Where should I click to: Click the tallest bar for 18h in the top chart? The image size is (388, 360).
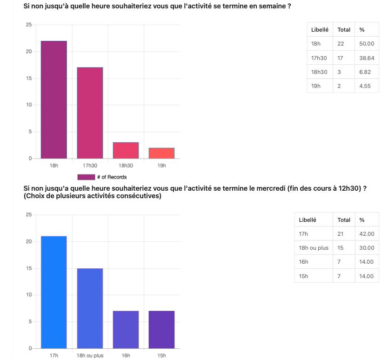pos(54,100)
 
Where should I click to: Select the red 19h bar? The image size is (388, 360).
pos(161,153)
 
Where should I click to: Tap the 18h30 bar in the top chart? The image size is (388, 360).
pos(126,150)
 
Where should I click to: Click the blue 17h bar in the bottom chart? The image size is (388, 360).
pos(54,292)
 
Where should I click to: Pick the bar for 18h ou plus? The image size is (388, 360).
pos(90,308)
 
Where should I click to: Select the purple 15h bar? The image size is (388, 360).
pos(161,329)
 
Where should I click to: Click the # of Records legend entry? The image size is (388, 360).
pos(102,177)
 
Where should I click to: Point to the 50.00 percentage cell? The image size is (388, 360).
pos(367,44)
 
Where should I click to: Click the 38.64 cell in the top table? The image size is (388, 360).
pos(367,58)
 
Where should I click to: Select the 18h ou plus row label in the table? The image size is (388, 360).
pos(314,248)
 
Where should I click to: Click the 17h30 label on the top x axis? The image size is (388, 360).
pos(90,165)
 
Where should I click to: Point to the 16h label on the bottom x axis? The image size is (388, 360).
pos(126,355)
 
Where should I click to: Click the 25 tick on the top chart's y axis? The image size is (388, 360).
pos(28,25)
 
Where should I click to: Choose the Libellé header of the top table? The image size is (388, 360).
pos(320,30)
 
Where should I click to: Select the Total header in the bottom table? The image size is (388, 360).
pos(344,220)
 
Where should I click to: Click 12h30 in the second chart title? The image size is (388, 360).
pos(348,188)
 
